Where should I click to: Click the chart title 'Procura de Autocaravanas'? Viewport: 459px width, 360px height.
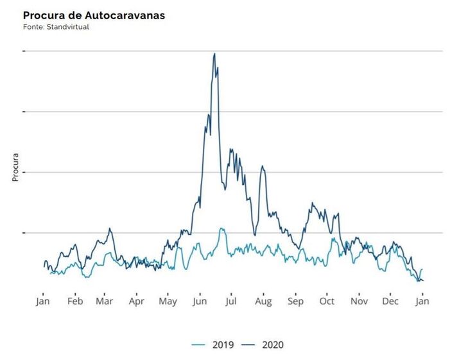point(94,15)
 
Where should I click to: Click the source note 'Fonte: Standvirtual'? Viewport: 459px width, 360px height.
point(56,28)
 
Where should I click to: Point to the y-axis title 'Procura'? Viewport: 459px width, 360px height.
point(16,167)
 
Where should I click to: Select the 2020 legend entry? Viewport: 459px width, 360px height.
point(263,345)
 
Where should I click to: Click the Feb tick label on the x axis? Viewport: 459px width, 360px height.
point(75,301)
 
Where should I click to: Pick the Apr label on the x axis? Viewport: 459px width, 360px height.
point(136,301)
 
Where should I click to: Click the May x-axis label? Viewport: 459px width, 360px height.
point(168,301)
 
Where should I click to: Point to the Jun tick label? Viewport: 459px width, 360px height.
point(199,301)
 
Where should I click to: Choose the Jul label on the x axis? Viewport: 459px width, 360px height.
point(231,301)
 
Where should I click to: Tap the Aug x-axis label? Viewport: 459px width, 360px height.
point(263,301)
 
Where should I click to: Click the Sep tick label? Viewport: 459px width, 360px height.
point(295,301)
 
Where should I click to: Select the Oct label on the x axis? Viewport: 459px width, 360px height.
point(327,301)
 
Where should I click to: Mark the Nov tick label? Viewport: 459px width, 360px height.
point(359,301)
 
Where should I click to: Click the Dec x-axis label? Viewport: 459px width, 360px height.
point(390,301)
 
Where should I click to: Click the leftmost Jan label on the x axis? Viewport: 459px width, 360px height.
point(43,301)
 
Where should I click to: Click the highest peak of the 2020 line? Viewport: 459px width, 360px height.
point(214,54)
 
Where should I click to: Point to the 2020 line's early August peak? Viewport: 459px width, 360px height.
point(262,166)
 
